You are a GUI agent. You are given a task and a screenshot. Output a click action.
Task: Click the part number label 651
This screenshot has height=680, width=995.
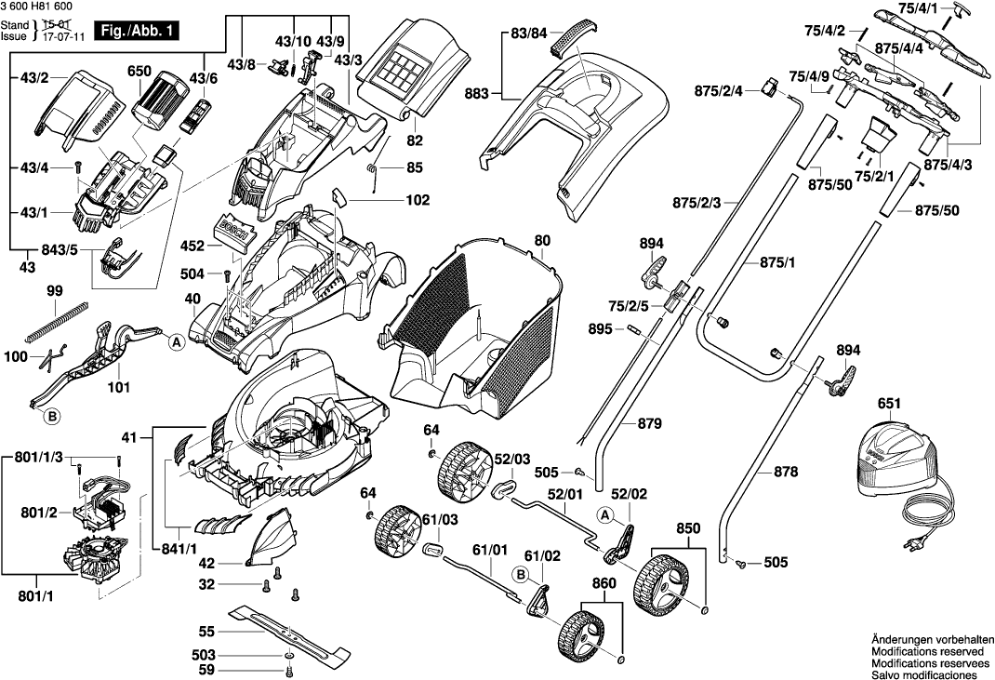coord(889,404)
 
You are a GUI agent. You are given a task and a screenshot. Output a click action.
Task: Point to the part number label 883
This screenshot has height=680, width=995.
coord(477,93)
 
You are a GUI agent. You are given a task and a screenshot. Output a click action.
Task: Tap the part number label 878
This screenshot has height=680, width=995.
coord(786,473)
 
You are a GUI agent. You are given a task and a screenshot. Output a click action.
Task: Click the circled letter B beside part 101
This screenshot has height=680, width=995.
coord(52,418)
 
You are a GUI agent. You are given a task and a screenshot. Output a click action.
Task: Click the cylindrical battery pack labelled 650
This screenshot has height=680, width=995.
coord(158,98)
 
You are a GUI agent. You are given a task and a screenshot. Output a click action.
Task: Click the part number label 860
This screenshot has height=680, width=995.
coord(604,584)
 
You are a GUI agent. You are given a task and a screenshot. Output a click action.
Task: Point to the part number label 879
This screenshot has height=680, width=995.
coord(650,423)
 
